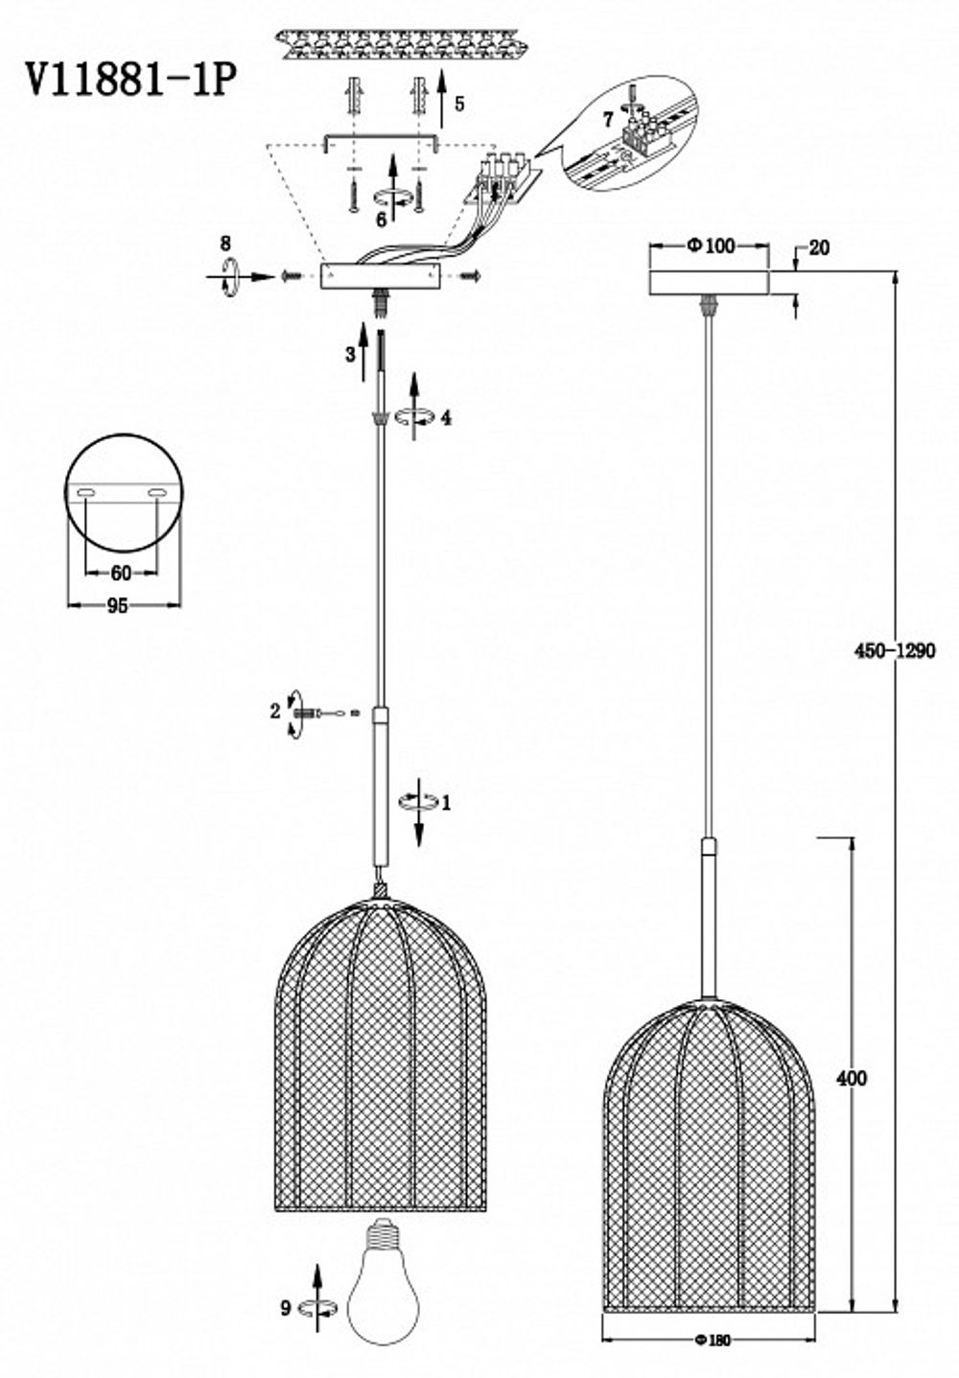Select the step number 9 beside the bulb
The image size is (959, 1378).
[x=285, y=1307]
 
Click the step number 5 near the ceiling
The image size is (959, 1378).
[x=459, y=104]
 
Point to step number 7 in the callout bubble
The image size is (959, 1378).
[x=607, y=120]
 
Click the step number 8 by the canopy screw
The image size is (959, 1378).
[x=225, y=243]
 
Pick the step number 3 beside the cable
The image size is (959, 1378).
[x=350, y=354]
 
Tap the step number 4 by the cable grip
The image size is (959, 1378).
[x=446, y=417]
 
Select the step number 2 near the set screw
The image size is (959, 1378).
[x=275, y=711]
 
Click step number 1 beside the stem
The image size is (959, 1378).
[x=445, y=803]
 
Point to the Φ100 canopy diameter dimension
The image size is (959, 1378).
[x=710, y=246]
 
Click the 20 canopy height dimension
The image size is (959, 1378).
[x=819, y=248]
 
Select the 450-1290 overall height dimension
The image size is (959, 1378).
[x=894, y=650]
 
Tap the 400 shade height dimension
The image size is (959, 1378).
[x=850, y=1078]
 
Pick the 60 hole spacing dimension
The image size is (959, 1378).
[x=121, y=573]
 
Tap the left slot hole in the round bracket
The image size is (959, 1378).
[x=85, y=493]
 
